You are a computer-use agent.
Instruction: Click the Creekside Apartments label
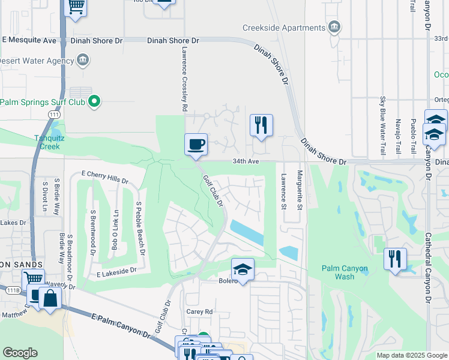coord(284,28)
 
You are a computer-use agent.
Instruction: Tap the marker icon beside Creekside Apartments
coord(335,27)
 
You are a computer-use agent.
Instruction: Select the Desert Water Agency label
coord(35,61)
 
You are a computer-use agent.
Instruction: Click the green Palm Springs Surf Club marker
coord(94,102)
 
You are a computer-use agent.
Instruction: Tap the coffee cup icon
coord(196,145)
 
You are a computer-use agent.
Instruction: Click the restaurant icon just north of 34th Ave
coord(261,125)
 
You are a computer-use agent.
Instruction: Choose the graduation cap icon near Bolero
coord(243,269)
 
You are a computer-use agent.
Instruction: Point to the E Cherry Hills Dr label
coord(106,180)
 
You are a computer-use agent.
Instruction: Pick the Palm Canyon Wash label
coord(345,272)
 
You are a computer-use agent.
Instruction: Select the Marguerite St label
coord(300,190)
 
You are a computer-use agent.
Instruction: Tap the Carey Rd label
coord(200,312)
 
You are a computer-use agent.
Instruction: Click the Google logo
coord(20,353)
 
